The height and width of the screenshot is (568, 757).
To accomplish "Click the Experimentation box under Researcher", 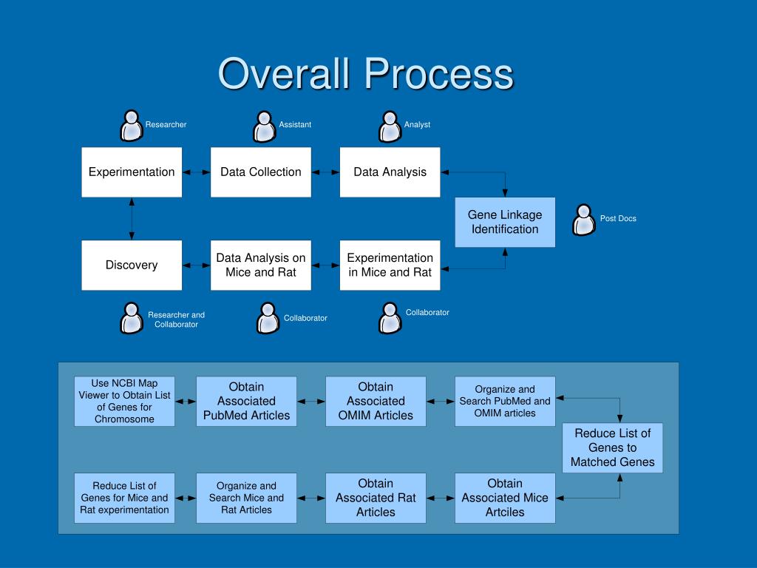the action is (x=132, y=172).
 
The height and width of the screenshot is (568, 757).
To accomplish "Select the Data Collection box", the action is (x=261, y=172).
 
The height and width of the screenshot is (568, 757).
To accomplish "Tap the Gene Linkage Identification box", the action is (x=505, y=222).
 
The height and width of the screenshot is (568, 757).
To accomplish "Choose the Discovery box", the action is (x=132, y=266).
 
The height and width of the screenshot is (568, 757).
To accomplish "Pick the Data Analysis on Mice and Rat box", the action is (x=261, y=266).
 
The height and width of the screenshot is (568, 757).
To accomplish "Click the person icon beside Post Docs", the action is (x=584, y=220).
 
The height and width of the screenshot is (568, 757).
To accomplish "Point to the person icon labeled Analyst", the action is (x=390, y=126).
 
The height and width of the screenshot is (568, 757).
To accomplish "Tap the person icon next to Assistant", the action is (x=264, y=126).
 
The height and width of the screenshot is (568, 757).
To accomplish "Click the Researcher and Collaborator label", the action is (x=176, y=319).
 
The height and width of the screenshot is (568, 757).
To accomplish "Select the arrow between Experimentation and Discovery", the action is (x=132, y=219).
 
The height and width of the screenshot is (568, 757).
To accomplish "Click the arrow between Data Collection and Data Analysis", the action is (x=325, y=172).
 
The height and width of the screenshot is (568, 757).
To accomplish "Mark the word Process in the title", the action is (x=438, y=74).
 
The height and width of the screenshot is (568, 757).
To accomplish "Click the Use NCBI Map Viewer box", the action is (x=124, y=402).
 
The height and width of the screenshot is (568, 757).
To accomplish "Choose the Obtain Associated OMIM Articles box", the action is (x=376, y=402).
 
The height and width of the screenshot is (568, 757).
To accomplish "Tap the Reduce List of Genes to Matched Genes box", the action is (x=613, y=447).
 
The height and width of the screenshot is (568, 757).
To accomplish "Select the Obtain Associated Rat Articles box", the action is (x=376, y=498).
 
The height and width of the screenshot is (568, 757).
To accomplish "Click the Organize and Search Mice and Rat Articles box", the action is (x=246, y=498).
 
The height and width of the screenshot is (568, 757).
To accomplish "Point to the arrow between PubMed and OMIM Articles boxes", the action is (x=311, y=402).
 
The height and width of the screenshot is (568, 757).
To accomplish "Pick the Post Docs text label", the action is (x=618, y=218).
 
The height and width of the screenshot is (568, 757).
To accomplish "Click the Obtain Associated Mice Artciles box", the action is (x=505, y=498).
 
